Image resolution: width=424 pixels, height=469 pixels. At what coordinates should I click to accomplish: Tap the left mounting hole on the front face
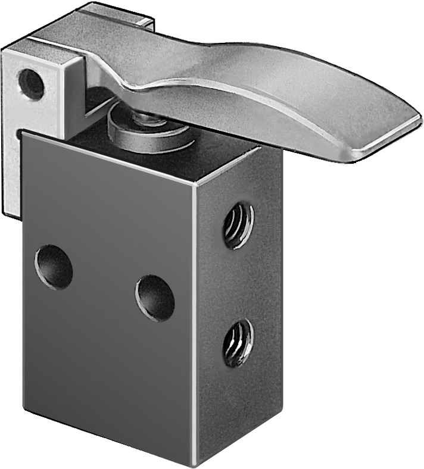(54, 268)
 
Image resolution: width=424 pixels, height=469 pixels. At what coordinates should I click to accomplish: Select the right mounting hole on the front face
(155, 298)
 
